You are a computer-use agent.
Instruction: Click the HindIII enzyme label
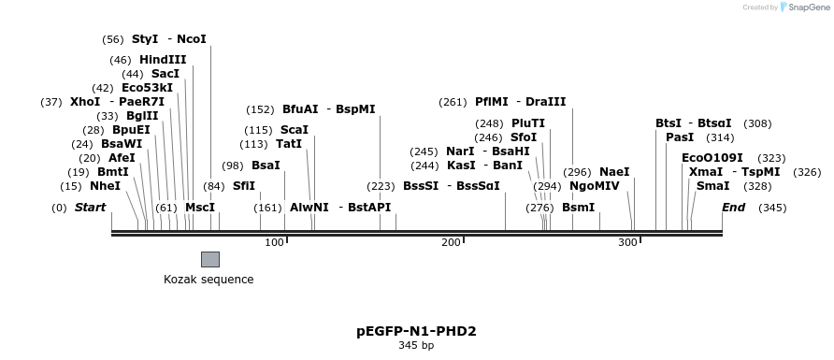(163, 60)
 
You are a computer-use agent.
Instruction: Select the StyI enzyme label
(145, 39)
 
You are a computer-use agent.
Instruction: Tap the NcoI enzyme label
(191, 39)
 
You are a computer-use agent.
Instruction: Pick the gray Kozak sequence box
(210, 259)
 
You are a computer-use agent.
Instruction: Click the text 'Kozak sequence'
(208, 279)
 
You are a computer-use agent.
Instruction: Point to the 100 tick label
(274, 243)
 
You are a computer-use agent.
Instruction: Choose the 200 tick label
(451, 243)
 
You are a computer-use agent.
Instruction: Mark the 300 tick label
(627, 243)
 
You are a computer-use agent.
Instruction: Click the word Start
(90, 207)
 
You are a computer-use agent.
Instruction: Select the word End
(733, 207)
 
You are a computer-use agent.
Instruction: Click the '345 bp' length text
(416, 346)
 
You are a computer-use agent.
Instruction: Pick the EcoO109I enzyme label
(712, 158)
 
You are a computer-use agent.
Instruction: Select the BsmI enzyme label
(578, 207)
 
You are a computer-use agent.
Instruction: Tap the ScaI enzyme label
(295, 130)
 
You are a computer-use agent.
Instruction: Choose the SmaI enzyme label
(712, 186)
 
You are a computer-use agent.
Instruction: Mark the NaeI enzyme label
(614, 172)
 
